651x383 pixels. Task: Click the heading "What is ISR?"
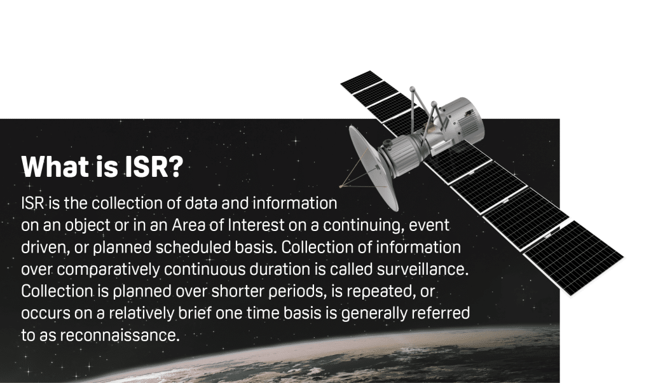(x=102, y=167)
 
